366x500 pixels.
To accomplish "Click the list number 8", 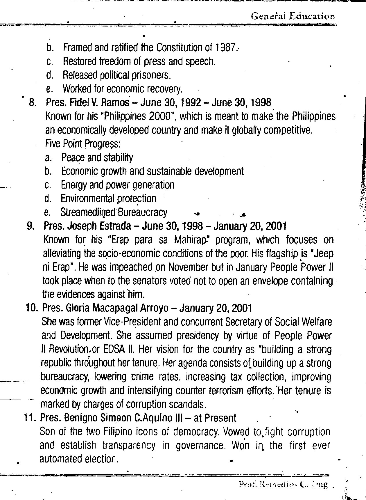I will click(33, 103).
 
